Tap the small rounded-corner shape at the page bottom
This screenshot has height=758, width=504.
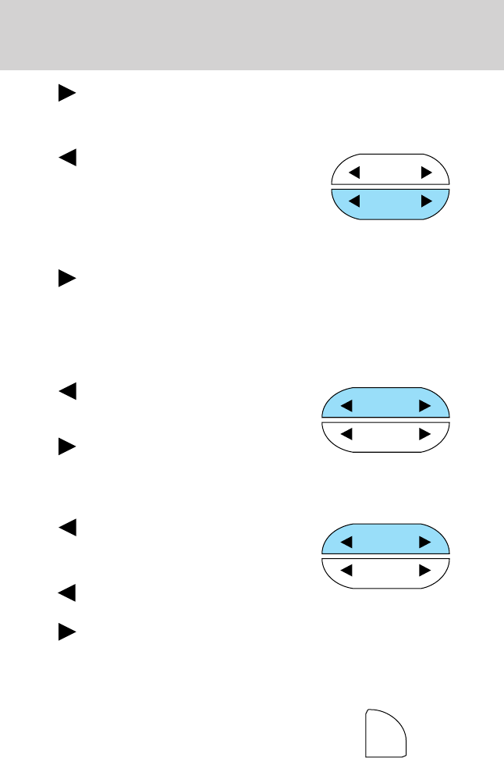[x=385, y=734]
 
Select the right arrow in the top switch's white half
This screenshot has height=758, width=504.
[x=425, y=172]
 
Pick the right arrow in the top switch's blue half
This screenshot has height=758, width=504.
[x=425, y=201]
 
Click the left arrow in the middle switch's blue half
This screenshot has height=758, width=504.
[x=347, y=406]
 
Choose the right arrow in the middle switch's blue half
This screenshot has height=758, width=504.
[x=424, y=406]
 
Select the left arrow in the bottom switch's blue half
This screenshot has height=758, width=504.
[x=347, y=541]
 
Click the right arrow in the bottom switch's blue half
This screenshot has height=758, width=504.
[x=424, y=541]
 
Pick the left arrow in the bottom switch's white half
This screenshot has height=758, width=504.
[x=347, y=571]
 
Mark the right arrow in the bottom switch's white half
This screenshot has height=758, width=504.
[x=424, y=571]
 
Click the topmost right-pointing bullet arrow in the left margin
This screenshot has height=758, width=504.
[x=66, y=94]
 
